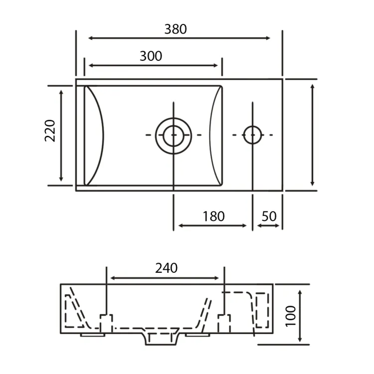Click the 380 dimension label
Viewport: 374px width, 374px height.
[x=176, y=29]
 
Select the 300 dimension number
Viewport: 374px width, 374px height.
[x=151, y=56]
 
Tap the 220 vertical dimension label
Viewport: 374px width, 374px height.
[x=50, y=131]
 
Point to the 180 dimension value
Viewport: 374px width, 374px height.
[x=213, y=216]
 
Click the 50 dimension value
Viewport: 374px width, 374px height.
[x=269, y=216]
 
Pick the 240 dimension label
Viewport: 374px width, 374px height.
[x=166, y=268]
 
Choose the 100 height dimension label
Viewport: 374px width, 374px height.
[x=291, y=316]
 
